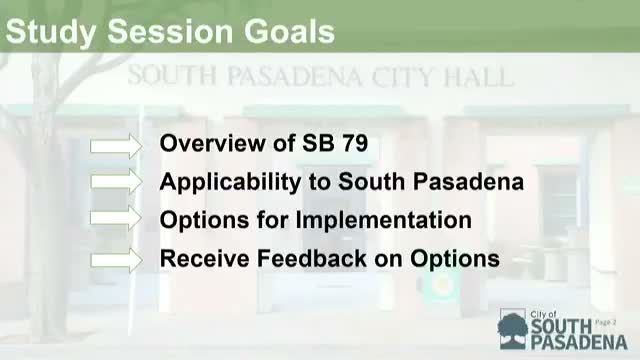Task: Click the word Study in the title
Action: (x=50, y=32)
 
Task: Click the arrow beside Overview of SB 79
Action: (x=117, y=145)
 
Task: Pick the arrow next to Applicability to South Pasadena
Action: (x=117, y=182)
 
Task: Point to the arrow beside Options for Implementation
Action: (x=117, y=219)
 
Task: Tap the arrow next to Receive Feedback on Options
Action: (x=117, y=258)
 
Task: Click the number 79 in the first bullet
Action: (x=352, y=144)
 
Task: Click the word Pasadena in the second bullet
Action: (x=475, y=182)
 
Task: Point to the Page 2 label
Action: (x=607, y=321)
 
